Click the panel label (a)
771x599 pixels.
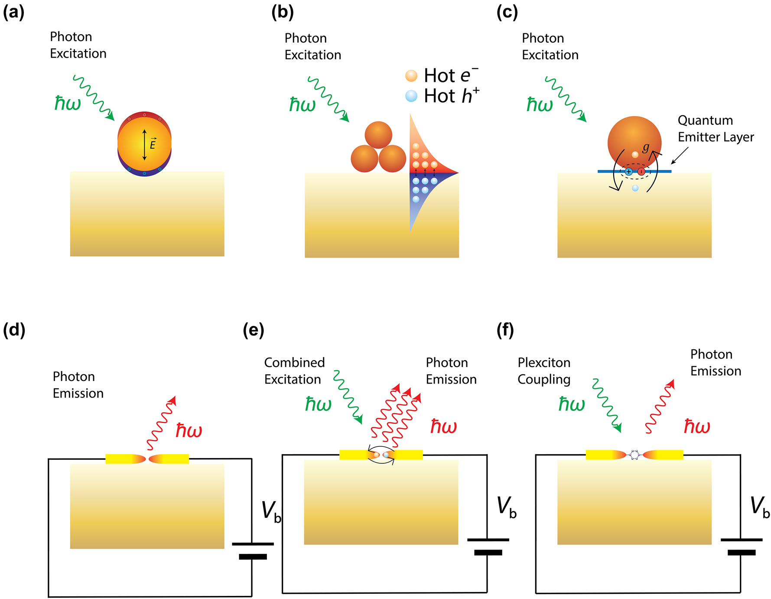pos(13,13)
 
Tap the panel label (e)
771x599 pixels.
pos(254,330)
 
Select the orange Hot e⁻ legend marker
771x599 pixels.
pos(411,76)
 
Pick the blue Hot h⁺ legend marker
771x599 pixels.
pos(411,96)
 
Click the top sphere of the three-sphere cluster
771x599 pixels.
pos(378,135)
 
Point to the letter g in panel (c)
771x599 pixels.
pos(646,148)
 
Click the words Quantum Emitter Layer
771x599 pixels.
pos(716,129)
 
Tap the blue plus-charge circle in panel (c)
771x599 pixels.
pos(628,172)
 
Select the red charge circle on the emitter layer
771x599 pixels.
pos(641,172)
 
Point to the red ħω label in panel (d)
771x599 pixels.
pos(189,430)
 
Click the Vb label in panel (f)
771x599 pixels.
pos(760,507)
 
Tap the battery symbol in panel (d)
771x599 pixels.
pos(253,550)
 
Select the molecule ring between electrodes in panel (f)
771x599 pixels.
pos(634,455)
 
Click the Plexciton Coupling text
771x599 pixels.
pos(544,371)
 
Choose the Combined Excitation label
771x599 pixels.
pos(294,371)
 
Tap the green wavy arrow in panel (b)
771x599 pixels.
pos(328,99)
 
